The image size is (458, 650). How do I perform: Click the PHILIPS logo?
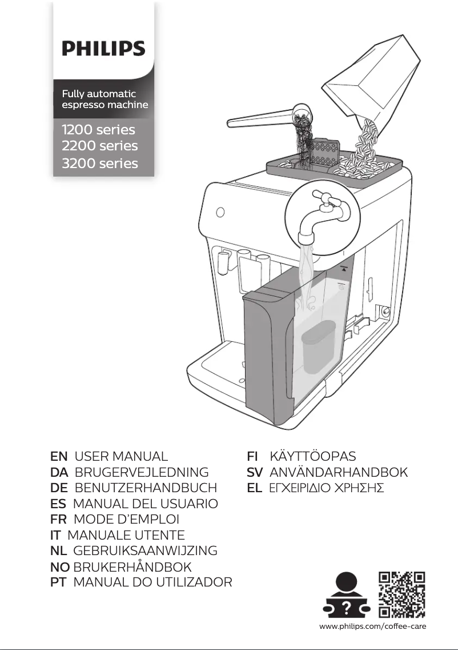[103, 48]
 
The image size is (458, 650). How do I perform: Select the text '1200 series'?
[98, 129]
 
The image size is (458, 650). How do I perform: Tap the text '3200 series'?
[99, 164]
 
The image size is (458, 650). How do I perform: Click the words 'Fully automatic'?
[98, 93]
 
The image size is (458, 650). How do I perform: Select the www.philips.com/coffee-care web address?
[373, 627]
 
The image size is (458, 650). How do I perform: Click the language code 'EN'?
[59, 457]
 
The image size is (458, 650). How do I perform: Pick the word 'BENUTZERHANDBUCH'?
[146, 488]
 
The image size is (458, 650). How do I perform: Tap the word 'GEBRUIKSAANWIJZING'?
[146, 551]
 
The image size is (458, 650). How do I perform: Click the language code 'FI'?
[252, 457]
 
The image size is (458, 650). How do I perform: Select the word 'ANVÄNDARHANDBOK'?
[338, 473]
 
